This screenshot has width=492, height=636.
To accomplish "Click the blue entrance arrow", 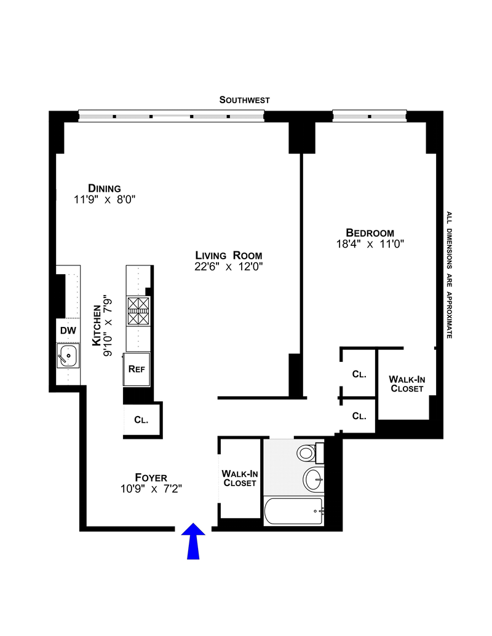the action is point(193,541).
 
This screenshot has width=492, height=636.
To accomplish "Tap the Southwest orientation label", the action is point(244,100).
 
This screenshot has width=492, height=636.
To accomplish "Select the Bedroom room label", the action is point(370,233).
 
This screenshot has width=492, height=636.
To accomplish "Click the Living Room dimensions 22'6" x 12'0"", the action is point(229,267).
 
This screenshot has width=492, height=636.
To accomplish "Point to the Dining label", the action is point(105,188).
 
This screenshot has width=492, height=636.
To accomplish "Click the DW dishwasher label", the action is point(68,331).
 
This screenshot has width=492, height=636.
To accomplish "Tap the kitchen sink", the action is point(68,356).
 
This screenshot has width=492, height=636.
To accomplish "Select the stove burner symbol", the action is point(138,311).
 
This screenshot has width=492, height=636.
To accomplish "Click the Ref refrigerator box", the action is point(137,369).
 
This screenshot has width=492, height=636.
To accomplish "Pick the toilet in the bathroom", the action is point(310,453).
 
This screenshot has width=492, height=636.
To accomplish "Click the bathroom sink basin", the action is point(314,479).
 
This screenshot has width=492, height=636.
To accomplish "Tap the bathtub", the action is point(294,511).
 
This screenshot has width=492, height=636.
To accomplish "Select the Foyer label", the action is point(151,477).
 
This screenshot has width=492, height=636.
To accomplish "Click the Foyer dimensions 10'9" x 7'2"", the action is point(151,489).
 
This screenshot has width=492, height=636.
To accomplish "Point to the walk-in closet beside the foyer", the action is point(239,478).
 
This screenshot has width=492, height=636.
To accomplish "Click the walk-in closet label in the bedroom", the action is point(407,383).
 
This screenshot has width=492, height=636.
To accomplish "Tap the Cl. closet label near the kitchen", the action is point(141,420).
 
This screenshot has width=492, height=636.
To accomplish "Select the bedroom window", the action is point(370,116).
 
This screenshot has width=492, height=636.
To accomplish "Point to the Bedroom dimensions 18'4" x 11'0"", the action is point(370,244).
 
